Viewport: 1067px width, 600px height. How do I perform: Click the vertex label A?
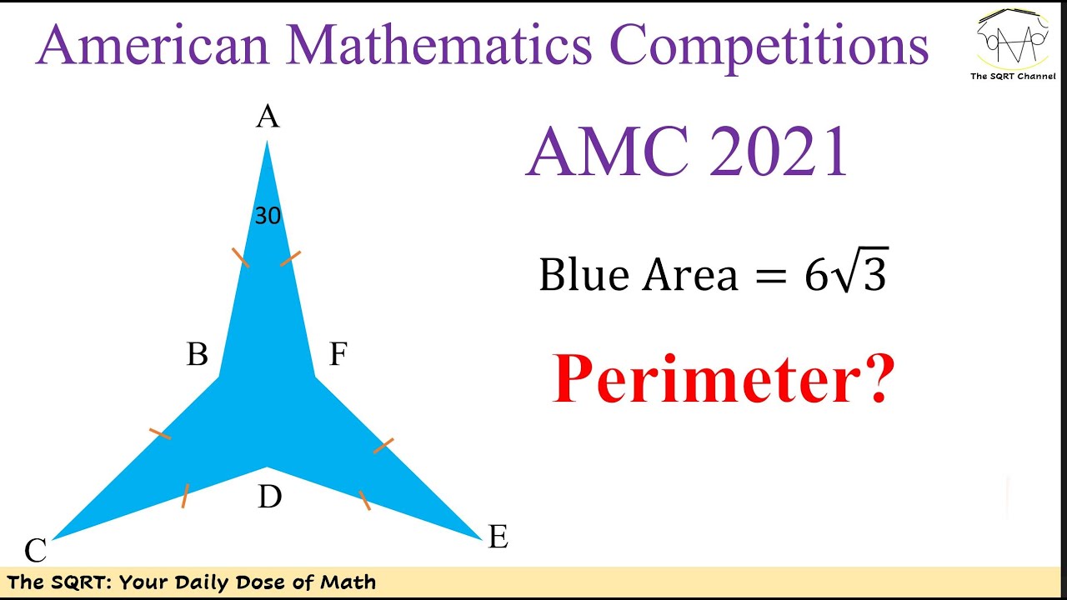(x=267, y=117)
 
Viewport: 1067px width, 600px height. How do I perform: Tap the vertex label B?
(x=198, y=355)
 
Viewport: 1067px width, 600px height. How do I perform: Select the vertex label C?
(x=35, y=551)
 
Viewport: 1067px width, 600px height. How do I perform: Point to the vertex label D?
(x=269, y=497)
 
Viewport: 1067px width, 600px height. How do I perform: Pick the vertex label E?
(x=498, y=537)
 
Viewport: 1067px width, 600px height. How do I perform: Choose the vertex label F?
(x=337, y=355)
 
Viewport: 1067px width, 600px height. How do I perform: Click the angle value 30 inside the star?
(x=268, y=217)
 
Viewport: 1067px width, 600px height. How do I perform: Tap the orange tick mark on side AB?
(x=240, y=257)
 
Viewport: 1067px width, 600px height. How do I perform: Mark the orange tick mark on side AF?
(x=290, y=258)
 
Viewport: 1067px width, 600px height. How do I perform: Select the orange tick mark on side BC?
(x=160, y=433)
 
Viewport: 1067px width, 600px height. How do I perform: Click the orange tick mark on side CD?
(x=185, y=496)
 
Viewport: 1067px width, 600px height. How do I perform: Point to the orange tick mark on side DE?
(x=364, y=500)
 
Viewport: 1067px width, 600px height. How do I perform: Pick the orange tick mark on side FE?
(x=383, y=445)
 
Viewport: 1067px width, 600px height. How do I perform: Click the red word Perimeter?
(x=723, y=379)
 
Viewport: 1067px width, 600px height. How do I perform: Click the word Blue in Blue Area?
(x=584, y=274)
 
